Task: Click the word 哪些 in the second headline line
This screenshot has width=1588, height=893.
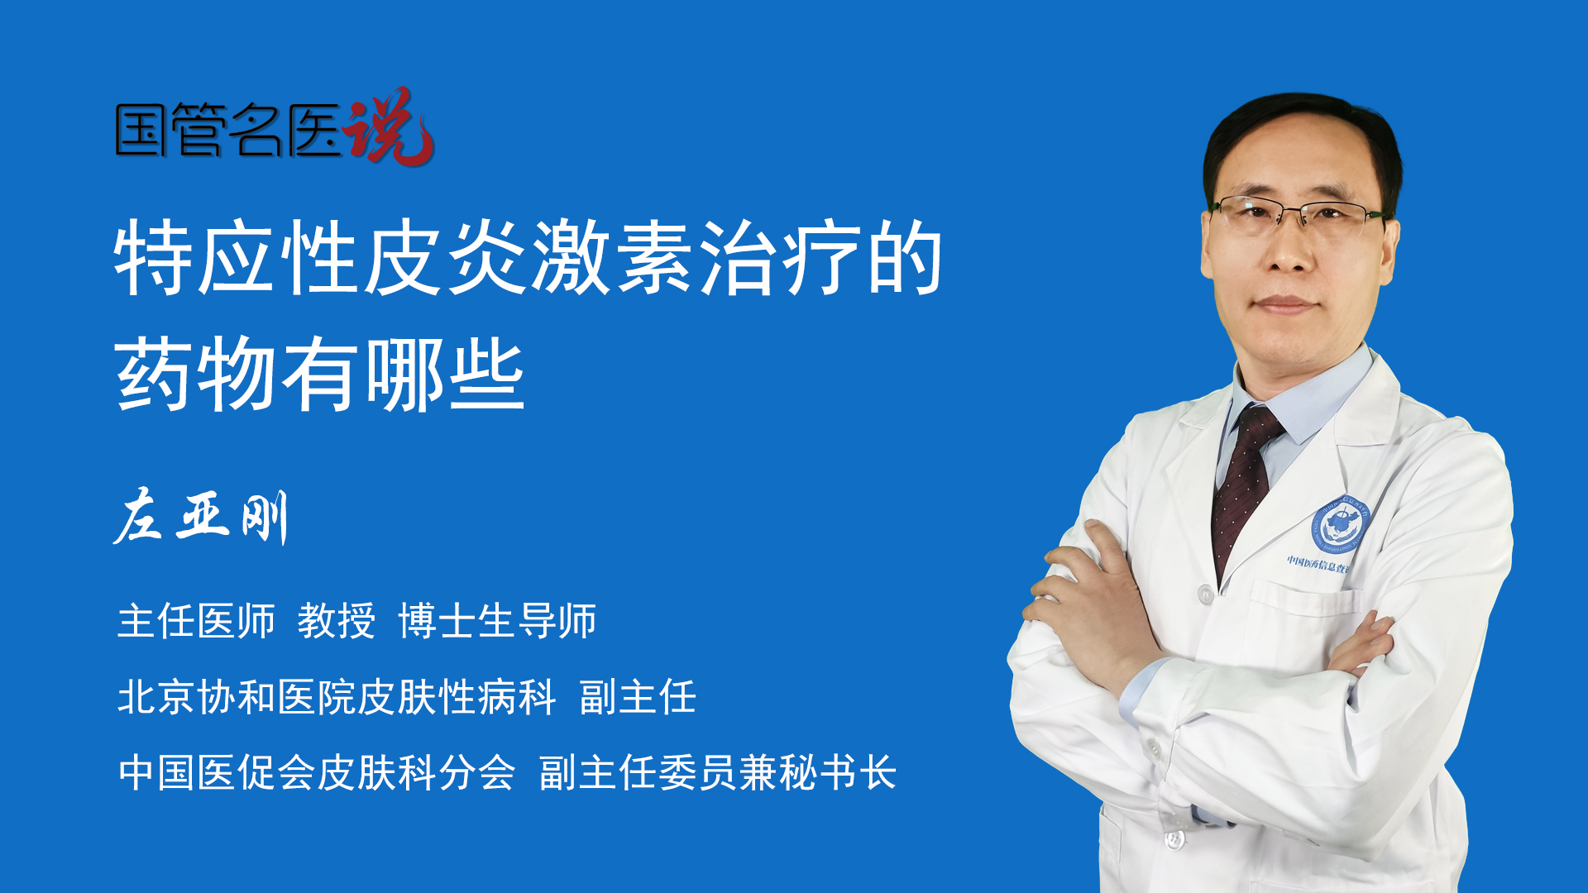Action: coord(445,375)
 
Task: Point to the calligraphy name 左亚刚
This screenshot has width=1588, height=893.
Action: coord(201,517)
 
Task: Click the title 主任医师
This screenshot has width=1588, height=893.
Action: coord(196,621)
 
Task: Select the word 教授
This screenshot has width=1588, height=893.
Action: coord(337,621)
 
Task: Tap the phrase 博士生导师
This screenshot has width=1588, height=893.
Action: coord(497,621)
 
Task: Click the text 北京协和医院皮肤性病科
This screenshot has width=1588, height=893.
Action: coord(337,697)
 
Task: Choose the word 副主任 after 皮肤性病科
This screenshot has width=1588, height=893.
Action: coord(638,697)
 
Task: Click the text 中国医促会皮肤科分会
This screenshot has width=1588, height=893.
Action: coord(317,773)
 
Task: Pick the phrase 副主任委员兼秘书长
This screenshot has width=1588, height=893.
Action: coord(718,773)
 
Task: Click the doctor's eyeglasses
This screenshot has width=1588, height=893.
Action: coord(1299,213)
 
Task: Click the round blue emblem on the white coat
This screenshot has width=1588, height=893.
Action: coord(1340,524)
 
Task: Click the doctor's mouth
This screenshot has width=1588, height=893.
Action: coord(1284,304)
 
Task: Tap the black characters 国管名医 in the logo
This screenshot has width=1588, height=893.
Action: coord(228,130)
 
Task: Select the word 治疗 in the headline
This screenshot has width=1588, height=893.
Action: coord(779,258)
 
